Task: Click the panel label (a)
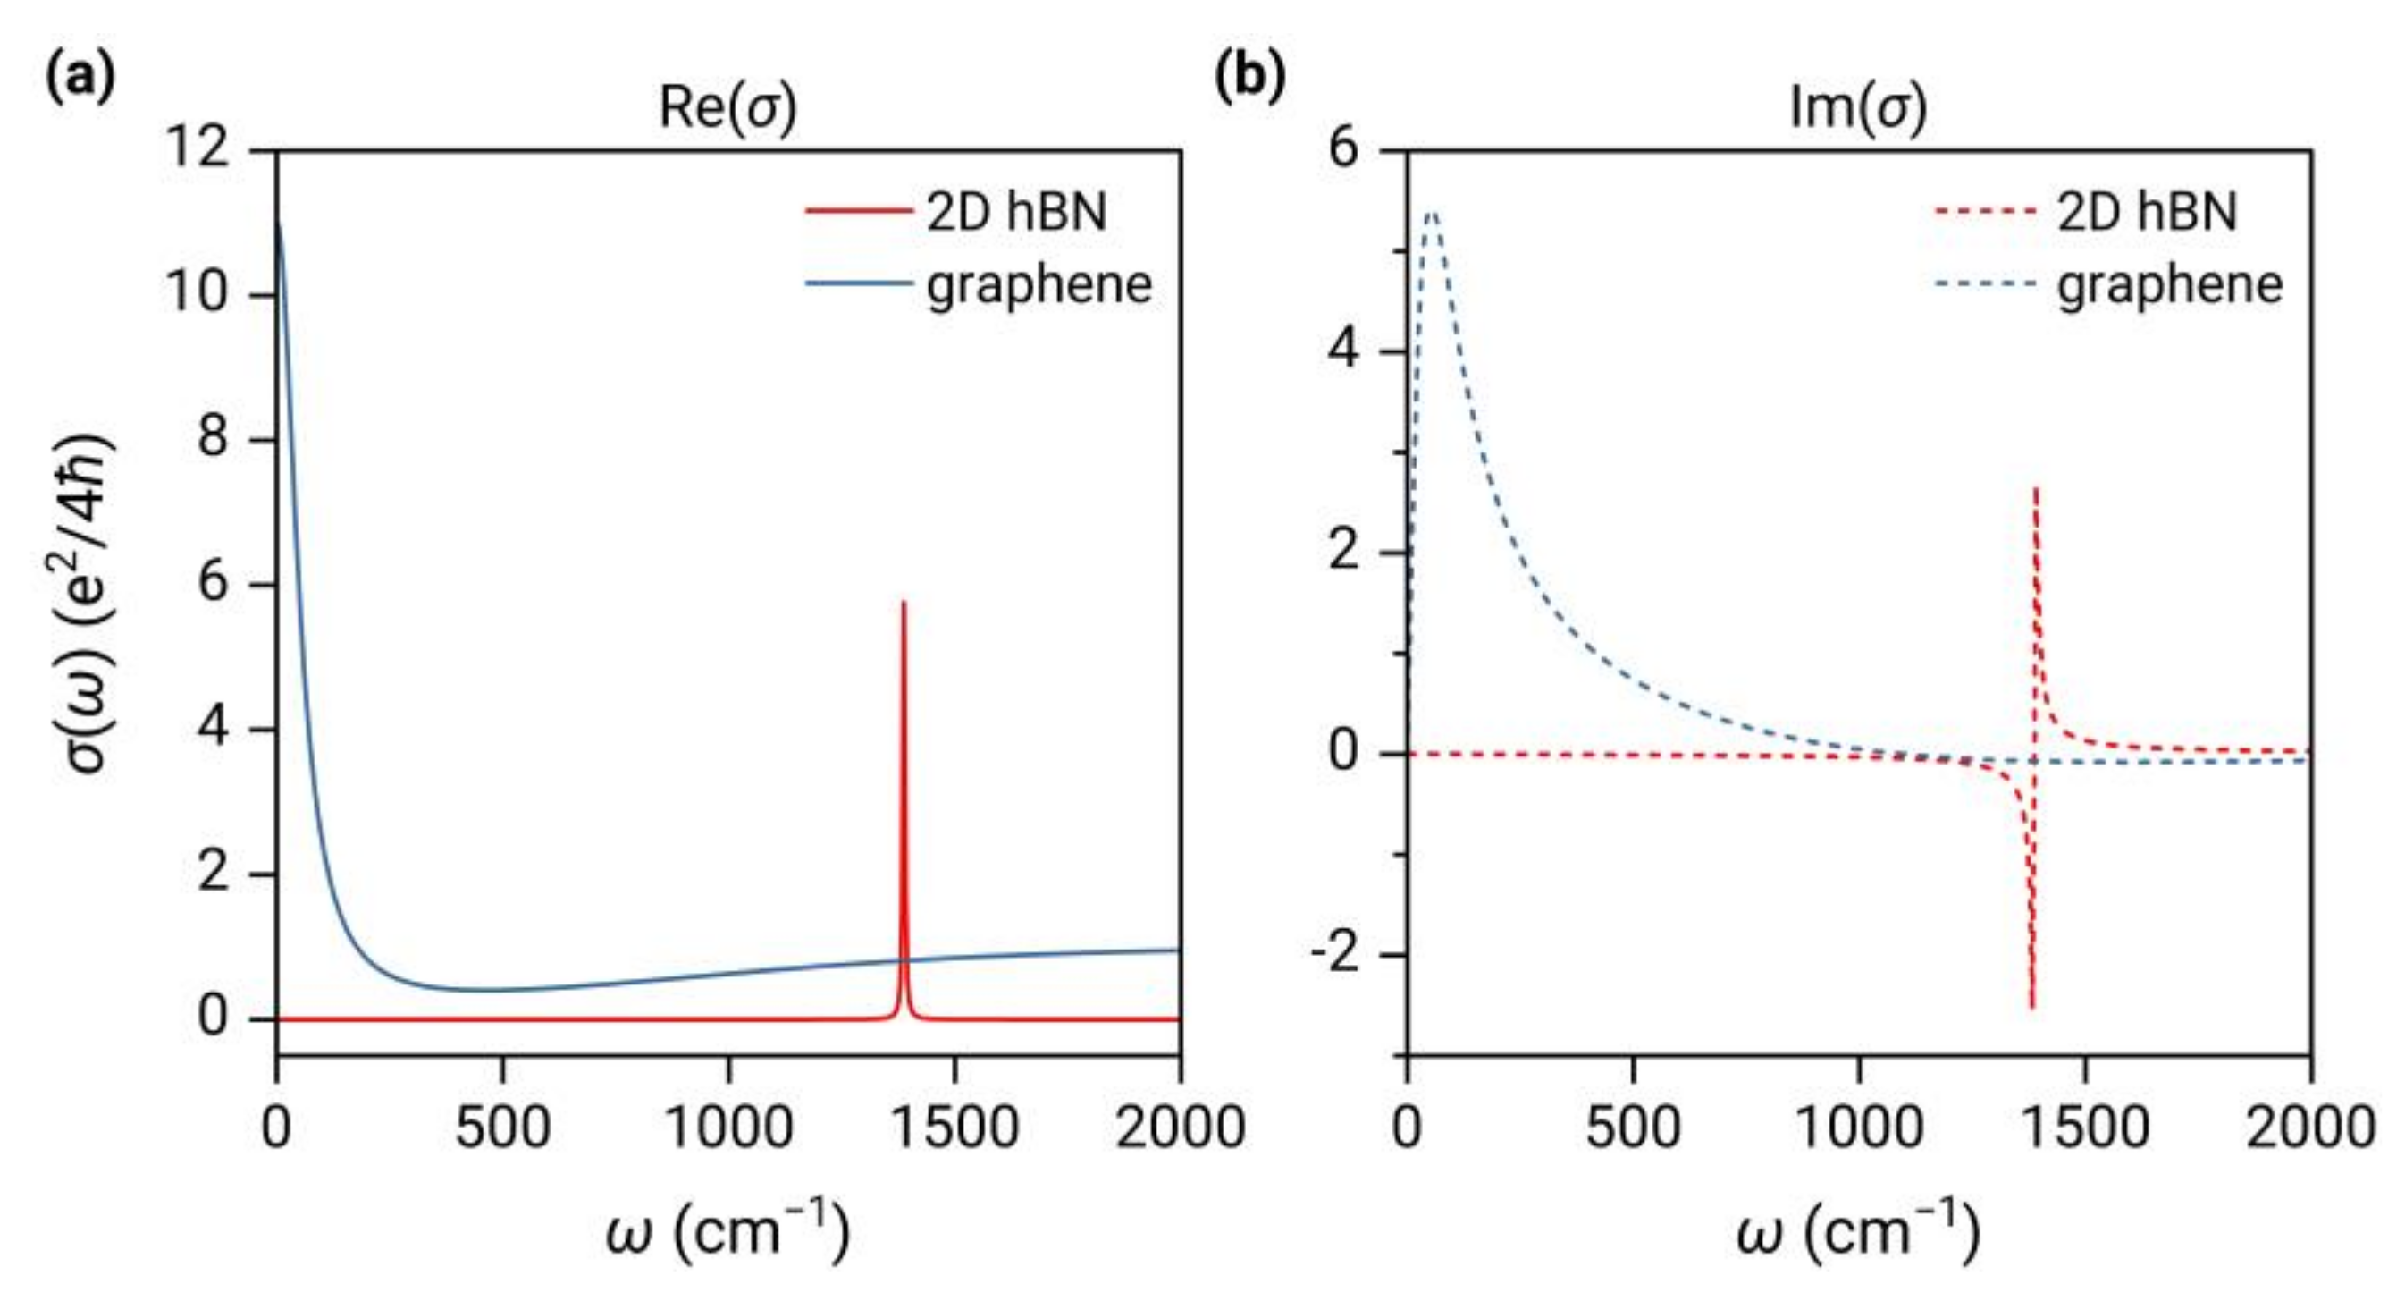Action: point(80,77)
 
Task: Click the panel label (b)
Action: point(1249,77)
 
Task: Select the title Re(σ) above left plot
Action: point(728,108)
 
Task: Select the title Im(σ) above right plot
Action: point(1858,108)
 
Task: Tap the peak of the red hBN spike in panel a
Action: point(903,604)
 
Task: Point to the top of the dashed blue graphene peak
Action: point(1432,213)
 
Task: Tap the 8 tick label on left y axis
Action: point(213,439)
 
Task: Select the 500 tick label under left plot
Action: point(502,1128)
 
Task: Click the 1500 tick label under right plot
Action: point(2085,1128)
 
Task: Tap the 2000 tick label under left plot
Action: point(1180,1128)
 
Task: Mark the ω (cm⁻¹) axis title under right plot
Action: point(1858,1231)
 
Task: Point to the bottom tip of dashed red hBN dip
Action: point(2031,1007)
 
